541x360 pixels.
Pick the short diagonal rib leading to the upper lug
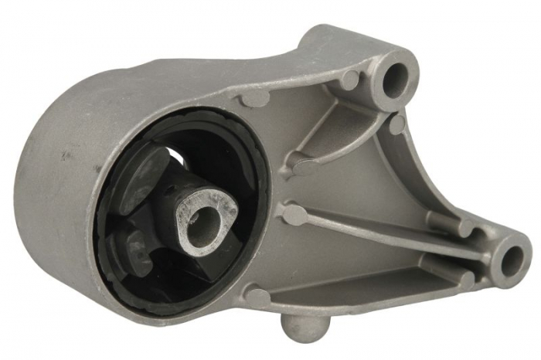[x=340, y=139]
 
